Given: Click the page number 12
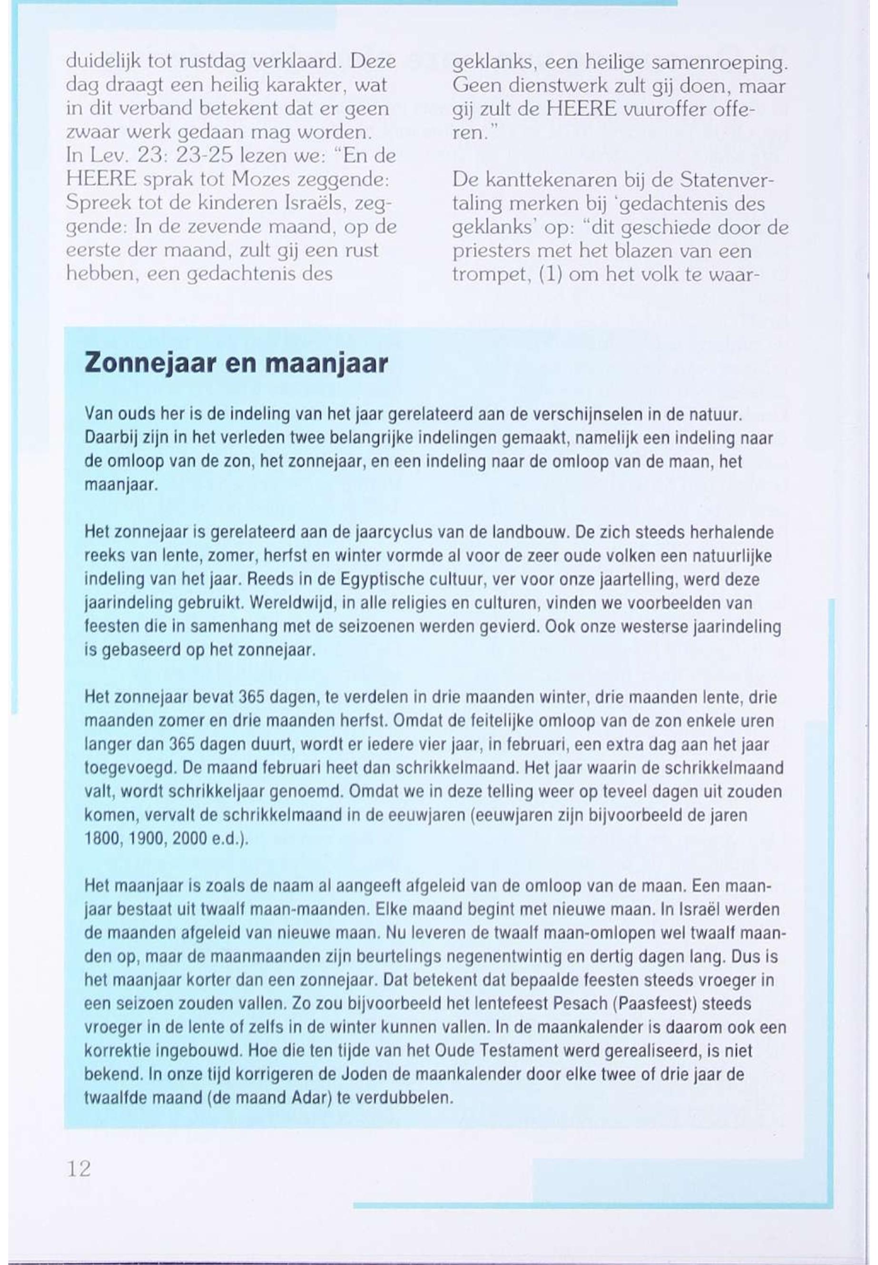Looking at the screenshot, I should click(x=79, y=1168).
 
